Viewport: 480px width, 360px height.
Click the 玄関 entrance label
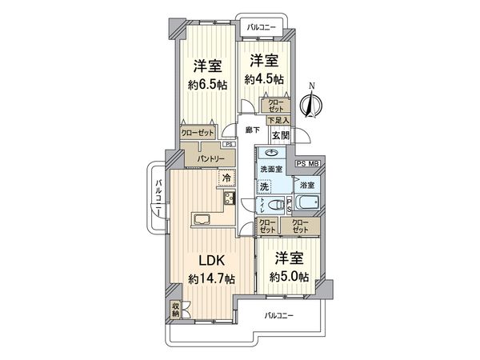(x=280, y=136)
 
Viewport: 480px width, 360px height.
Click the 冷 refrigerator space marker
(x=226, y=178)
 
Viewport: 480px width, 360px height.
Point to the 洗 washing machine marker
(x=262, y=186)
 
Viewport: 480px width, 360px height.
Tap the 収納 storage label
(x=175, y=308)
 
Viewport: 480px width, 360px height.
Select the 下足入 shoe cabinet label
(x=278, y=118)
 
